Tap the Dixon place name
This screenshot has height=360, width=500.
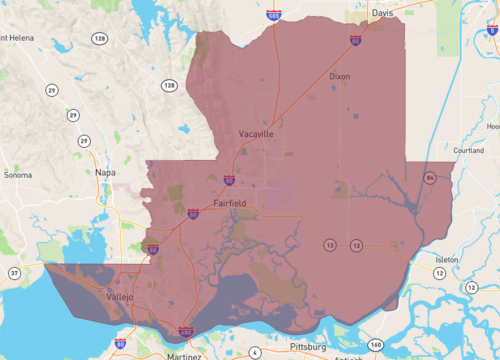click(x=339, y=76)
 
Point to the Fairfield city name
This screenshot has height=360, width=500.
click(x=230, y=203)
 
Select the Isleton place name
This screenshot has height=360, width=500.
click(x=445, y=259)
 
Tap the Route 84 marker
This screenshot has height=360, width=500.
click(x=428, y=177)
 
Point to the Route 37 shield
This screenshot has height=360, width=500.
click(x=13, y=272)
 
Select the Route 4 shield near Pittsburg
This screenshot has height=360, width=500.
click(x=254, y=353)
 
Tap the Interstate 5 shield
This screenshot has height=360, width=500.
click(x=493, y=32)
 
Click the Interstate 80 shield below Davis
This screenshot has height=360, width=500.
click(x=356, y=41)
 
